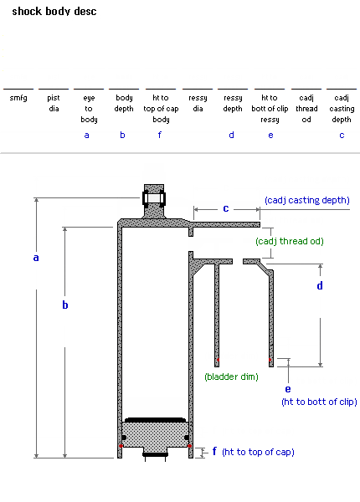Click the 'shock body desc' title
click(x=54, y=12)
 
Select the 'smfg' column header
click(x=18, y=98)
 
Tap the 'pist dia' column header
click(x=54, y=103)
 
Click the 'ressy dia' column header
click(x=198, y=103)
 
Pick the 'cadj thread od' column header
click(x=306, y=109)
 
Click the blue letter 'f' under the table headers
click(x=160, y=135)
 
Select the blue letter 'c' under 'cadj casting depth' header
click(x=342, y=136)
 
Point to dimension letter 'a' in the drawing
click(x=36, y=258)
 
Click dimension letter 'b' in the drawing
click(x=65, y=305)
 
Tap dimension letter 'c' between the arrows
click(x=226, y=208)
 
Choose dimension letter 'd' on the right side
click(x=320, y=285)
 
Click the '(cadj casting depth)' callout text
click(x=306, y=201)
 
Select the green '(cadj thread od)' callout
click(x=290, y=241)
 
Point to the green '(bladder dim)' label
click(x=231, y=376)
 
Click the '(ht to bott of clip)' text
click(x=319, y=402)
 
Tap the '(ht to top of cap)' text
click(x=258, y=452)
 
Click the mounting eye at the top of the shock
click(x=154, y=198)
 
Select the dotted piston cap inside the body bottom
click(x=154, y=435)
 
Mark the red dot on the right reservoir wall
click(x=270, y=360)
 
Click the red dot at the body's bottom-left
click(x=121, y=446)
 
